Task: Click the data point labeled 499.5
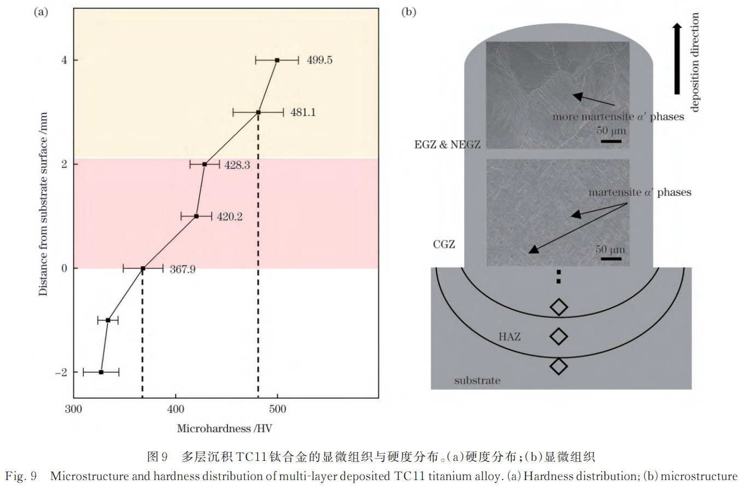tap(277, 60)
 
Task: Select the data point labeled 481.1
tap(258, 113)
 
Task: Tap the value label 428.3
tap(237, 165)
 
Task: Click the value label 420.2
tap(230, 217)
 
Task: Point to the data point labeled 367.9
tap(143, 268)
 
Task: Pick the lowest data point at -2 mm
tap(101, 372)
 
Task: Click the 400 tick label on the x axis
tap(176, 409)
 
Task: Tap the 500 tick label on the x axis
tap(277, 409)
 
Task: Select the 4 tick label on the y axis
tap(64, 60)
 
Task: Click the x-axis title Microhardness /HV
tap(224, 429)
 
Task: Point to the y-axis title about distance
tap(43, 204)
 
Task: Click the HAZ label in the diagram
tap(510, 337)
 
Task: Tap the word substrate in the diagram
tap(478, 380)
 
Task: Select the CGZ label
tap(444, 244)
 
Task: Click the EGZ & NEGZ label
tap(447, 145)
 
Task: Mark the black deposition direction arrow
tap(677, 59)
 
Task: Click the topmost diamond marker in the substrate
tap(559, 307)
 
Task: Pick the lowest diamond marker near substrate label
tap(559, 367)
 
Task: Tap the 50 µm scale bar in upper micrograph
tap(612, 141)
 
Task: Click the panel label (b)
tap(409, 12)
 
